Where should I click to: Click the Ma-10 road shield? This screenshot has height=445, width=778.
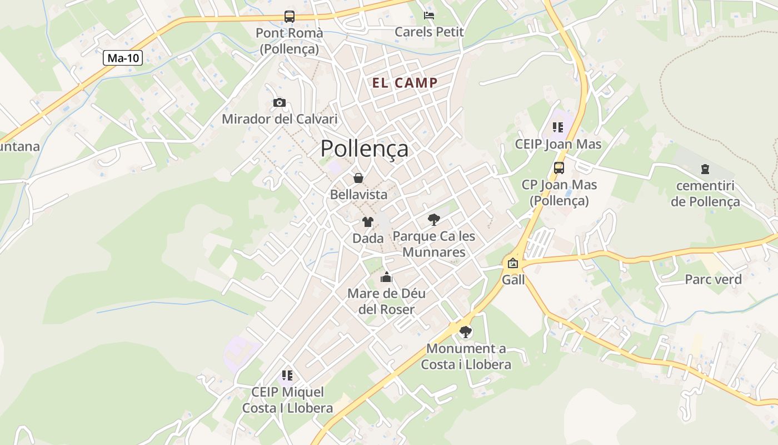123,58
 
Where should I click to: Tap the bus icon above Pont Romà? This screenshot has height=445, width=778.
290,17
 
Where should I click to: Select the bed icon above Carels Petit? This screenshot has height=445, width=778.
429,15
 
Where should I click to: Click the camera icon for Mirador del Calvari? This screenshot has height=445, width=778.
280,102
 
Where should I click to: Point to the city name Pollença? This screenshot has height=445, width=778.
364,149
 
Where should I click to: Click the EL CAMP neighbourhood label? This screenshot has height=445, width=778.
405,83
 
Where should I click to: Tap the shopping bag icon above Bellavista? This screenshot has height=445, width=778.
358,178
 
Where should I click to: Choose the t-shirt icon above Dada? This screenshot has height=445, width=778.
367,222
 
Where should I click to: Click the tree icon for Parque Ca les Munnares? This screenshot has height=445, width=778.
434,220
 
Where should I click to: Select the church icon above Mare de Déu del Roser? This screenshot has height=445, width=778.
386,277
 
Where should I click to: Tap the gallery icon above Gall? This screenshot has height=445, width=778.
513,263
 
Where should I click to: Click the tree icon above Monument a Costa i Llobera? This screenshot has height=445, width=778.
466,332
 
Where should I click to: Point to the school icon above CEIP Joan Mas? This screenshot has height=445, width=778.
558,128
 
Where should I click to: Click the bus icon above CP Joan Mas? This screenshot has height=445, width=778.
559,168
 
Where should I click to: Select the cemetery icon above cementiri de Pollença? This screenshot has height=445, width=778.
705,169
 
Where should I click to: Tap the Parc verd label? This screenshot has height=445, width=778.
713,279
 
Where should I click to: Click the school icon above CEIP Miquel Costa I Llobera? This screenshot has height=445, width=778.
287,375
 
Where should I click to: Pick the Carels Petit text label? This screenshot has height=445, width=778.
429,32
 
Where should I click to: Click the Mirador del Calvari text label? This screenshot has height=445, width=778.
280,119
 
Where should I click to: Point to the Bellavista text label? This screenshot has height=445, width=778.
358,195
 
